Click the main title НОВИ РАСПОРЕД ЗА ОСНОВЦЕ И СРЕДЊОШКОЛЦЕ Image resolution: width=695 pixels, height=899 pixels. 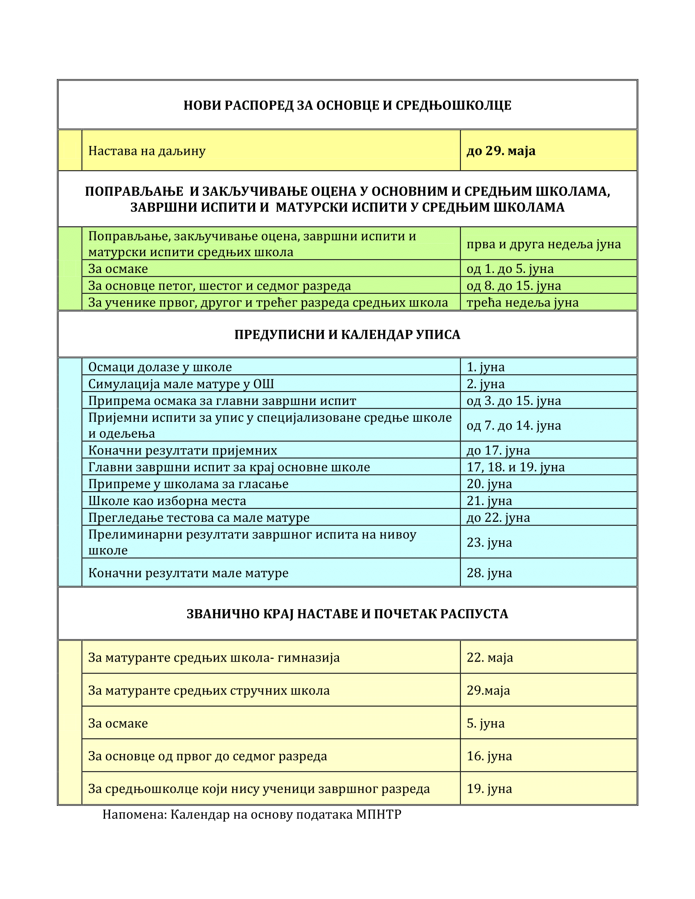347,105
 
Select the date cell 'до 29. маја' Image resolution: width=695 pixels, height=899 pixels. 501,151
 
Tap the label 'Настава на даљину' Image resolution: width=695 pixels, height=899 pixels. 147,151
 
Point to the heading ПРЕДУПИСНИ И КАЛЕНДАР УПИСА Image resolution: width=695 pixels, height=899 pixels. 347,334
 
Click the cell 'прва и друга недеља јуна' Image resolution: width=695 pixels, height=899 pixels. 543,244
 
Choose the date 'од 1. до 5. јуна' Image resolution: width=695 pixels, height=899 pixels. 510,269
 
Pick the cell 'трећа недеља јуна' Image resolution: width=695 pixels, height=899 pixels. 522,302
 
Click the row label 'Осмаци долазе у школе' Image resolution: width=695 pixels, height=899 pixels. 160,367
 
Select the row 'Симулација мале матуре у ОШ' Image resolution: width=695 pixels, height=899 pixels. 181,384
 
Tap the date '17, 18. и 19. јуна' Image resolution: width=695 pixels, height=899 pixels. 516,467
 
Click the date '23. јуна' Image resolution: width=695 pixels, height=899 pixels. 489,542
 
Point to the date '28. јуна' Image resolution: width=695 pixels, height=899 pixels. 489,572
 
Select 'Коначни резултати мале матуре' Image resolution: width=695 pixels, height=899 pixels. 188,572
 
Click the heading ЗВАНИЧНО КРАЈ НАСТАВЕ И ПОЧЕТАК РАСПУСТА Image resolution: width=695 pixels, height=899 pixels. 347,614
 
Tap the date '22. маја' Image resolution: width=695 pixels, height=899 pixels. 489,657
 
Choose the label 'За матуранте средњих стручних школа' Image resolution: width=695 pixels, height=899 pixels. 209,690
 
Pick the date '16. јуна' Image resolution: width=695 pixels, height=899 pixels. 489,756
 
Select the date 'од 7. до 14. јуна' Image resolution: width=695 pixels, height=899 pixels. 513,425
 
